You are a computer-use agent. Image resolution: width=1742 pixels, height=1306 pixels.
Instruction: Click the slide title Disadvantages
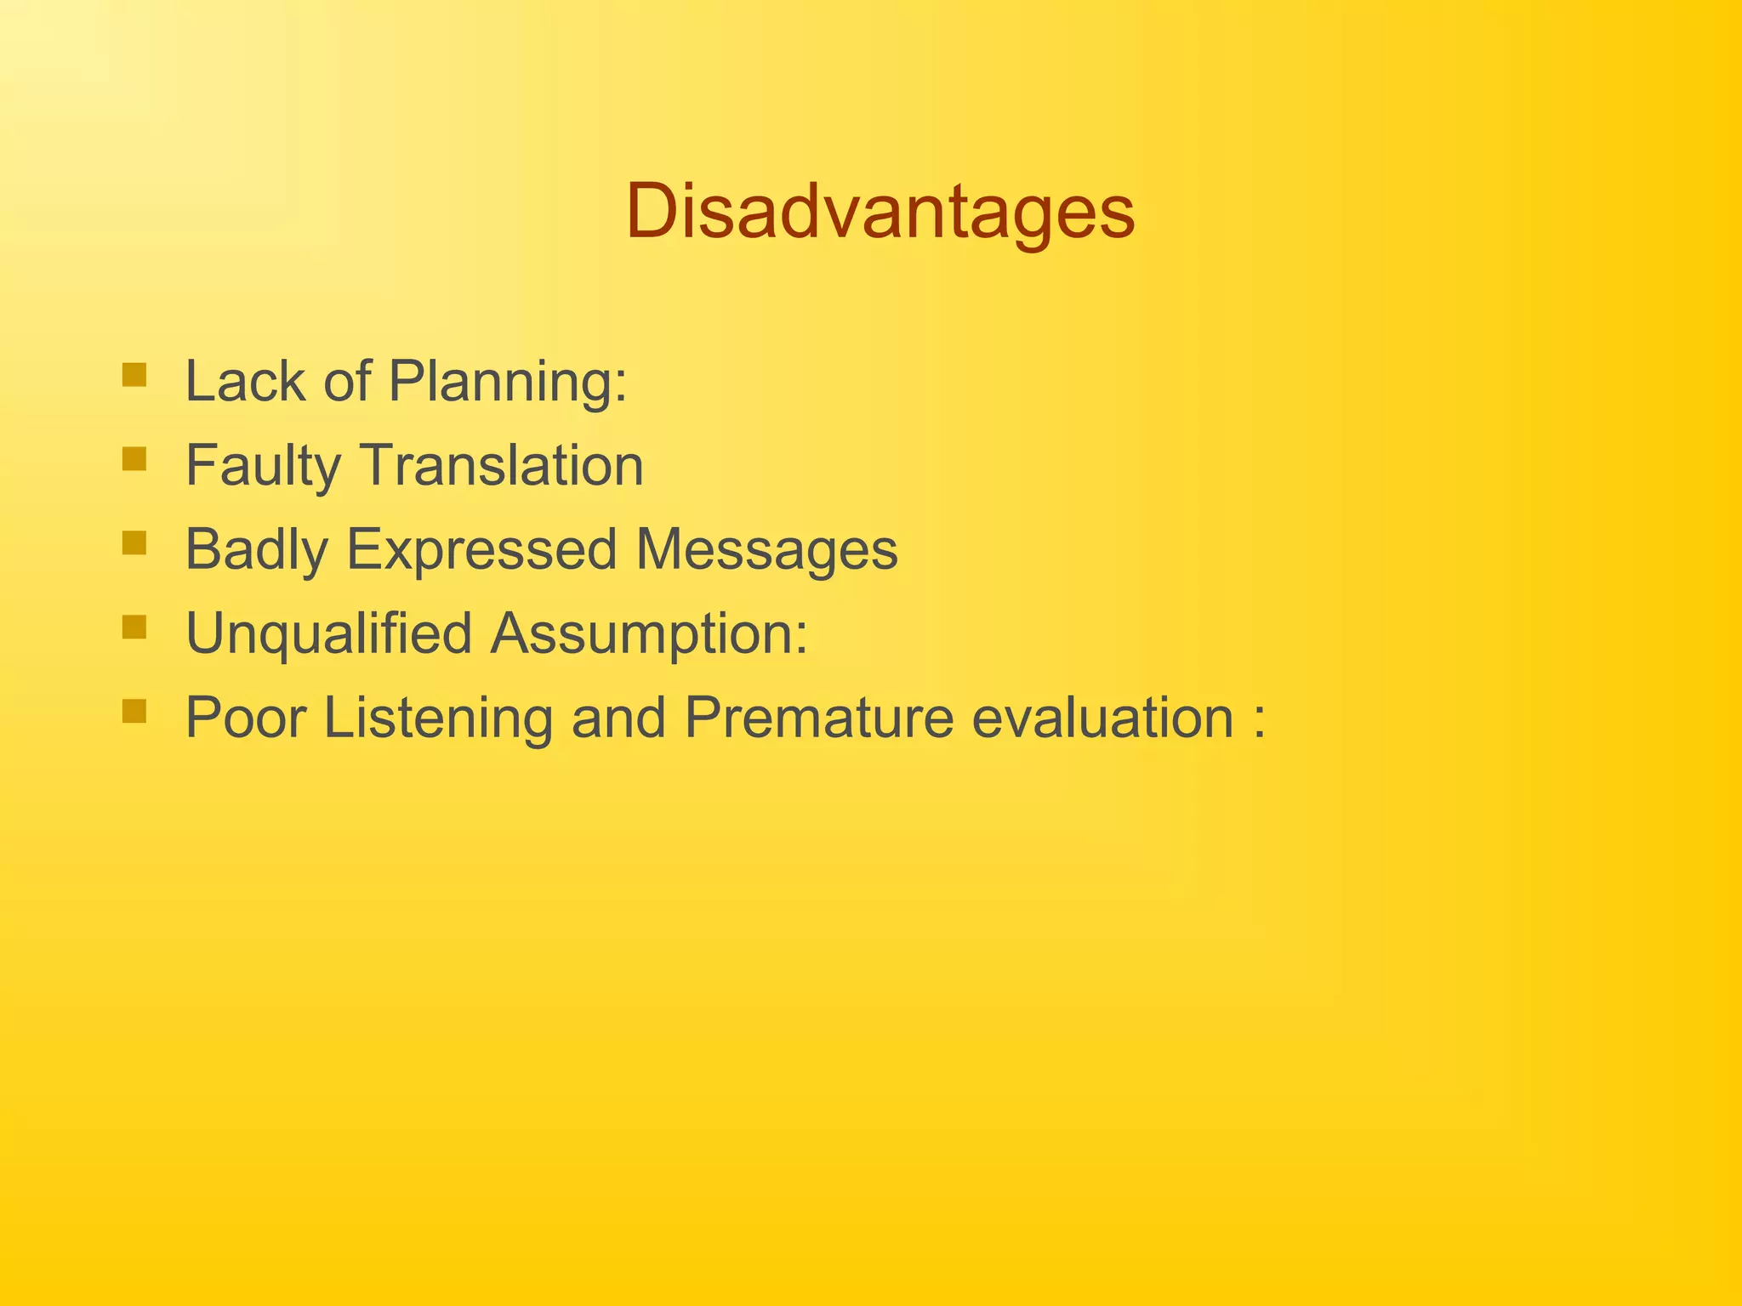pos(880,213)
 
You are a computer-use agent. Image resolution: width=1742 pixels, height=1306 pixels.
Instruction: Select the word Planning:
pos(508,383)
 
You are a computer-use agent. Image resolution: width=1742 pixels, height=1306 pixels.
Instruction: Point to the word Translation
pos(503,465)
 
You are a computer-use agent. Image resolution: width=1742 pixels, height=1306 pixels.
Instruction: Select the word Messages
pos(766,550)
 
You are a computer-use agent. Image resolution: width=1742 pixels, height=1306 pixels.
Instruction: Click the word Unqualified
pos(328,634)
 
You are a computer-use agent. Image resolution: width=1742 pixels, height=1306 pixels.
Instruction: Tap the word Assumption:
pos(648,634)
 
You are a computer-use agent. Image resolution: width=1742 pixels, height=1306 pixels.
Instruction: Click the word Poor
pos(245,718)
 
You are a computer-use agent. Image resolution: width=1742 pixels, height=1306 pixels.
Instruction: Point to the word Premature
pos(818,718)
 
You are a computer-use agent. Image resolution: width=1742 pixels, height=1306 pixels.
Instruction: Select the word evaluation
pos(1102,718)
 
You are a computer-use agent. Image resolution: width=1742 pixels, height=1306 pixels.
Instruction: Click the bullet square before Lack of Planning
pos(134,375)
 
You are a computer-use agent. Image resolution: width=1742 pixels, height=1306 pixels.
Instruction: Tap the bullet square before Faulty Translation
pos(134,459)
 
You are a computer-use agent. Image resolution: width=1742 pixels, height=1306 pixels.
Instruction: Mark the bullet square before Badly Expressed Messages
pos(134,543)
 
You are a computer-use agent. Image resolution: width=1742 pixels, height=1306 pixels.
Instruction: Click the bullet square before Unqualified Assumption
pos(134,627)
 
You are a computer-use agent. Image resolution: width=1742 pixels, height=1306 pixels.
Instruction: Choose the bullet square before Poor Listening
pos(134,711)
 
